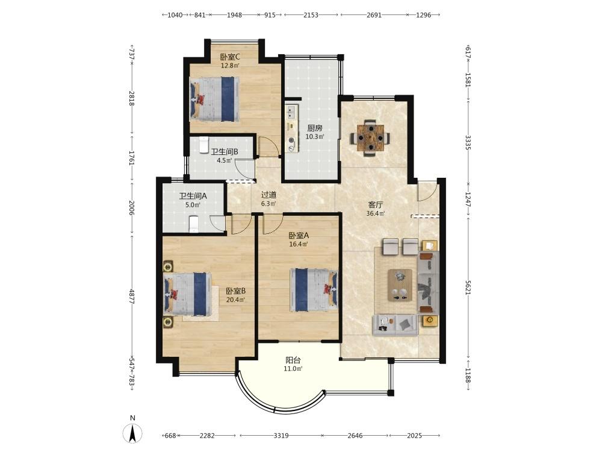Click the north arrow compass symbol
tap(132, 433)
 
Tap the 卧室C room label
tap(230, 57)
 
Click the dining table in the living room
tap(370, 137)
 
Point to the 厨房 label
tap(315, 128)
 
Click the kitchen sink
tap(290, 112)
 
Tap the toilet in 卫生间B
tap(203, 145)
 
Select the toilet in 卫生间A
tap(194, 224)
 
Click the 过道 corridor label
tap(268, 195)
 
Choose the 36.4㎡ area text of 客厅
tap(376, 213)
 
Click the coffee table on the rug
tap(400, 285)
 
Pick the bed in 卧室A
tap(314, 289)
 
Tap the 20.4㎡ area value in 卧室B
tap(236, 300)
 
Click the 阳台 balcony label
tap(293, 360)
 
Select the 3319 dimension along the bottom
tap(281, 436)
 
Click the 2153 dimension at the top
tap(311, 15)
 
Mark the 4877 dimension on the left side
tap(131, 297)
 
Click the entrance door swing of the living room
tap(427, 191)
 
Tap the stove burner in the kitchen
tap(291, 140)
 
